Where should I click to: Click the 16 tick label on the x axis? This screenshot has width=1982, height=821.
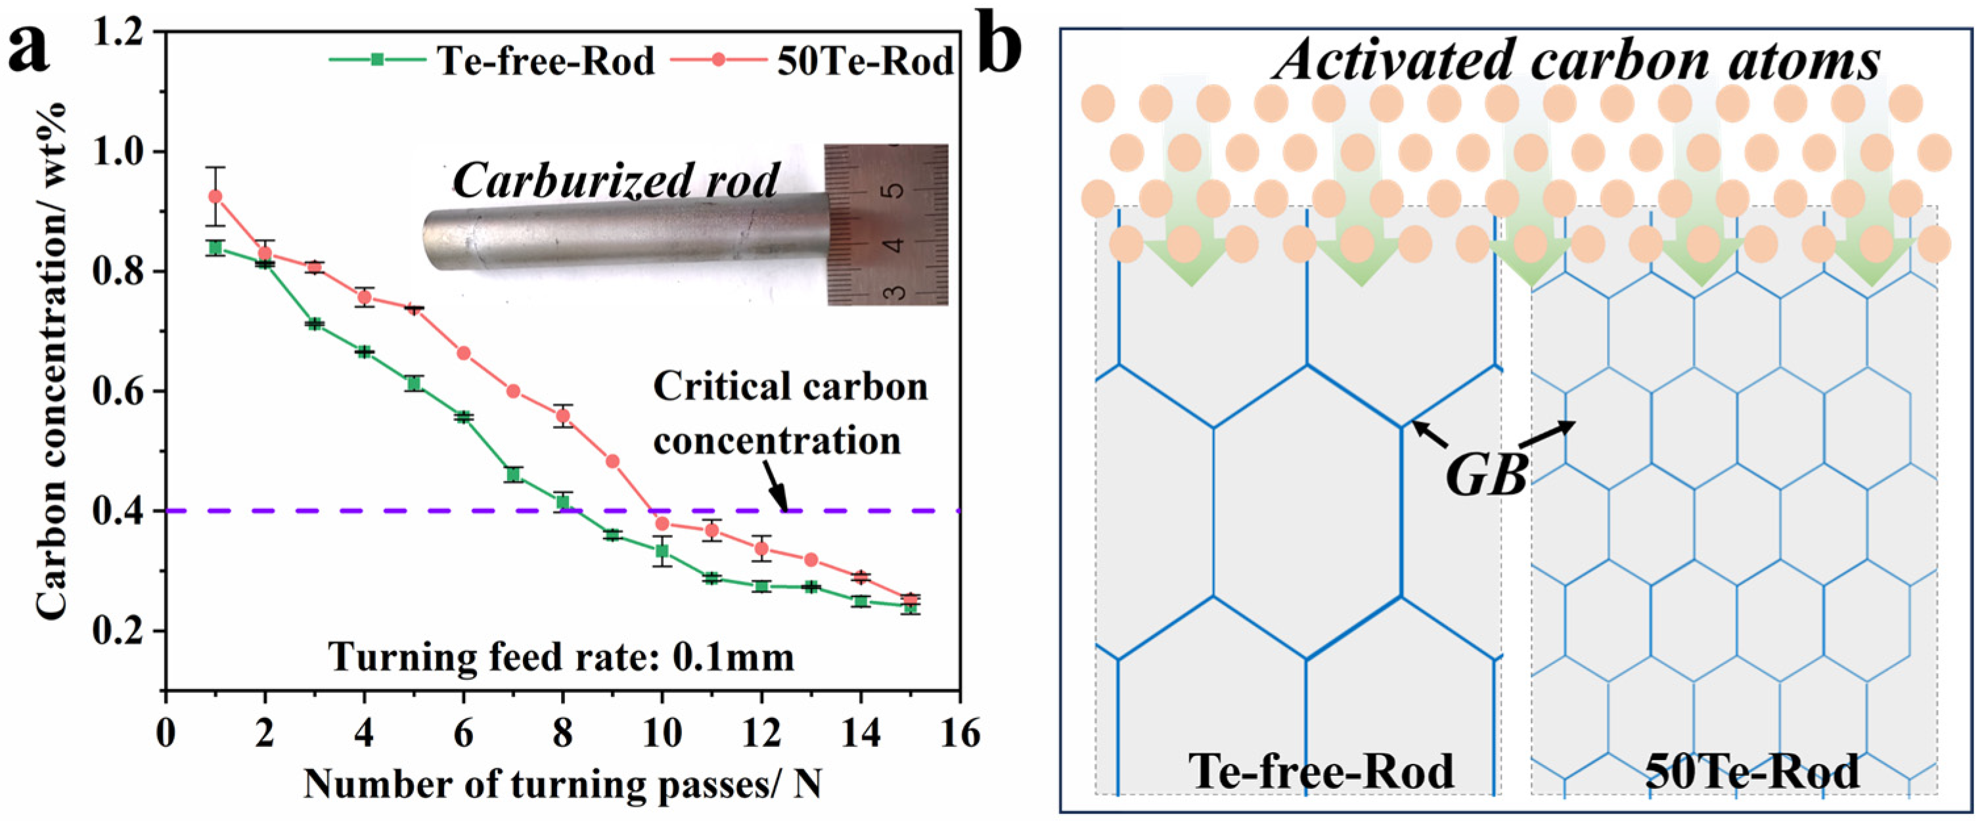pyautogui.click(x=959, y=732)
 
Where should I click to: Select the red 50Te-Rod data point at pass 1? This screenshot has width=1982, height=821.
pyautogui.click(x=215, y=196)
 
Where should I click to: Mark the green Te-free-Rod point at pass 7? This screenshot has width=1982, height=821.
pyautogui.click(x=513, y=475)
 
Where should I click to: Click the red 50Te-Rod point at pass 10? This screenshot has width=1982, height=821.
pyautogui.click(x=662, y=524)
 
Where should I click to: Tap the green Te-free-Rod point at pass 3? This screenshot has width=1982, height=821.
pyautogui.click(x=314, y=324)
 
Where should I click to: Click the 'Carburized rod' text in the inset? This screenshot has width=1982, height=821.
pyautogui.click(x=616, y=181)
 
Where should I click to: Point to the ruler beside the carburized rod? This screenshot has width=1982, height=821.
pyautogui.click(x=886, y=225)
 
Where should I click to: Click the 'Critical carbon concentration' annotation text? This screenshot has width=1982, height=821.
pyautogui.click(x=790, y=414)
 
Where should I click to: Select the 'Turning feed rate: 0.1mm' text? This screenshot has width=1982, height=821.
pyautogui.click(x=561, y=658)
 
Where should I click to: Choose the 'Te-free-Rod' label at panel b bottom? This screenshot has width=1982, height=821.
pyautogui.click(x=1321, y=771)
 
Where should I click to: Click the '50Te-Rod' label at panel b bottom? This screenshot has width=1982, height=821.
pyautogui.click(x=1752, y=771)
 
